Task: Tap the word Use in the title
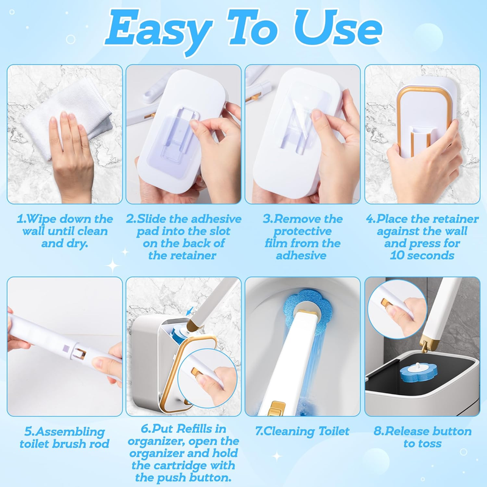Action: [338, 27]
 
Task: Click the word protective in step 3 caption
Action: [303, 231]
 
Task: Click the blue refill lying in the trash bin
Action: [418, 372]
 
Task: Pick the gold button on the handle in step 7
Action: [276, 408]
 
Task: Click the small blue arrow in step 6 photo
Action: [189, 311]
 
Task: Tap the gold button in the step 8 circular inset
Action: [386, 303]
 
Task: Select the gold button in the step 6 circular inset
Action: [195, 371]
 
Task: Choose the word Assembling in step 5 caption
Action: [69, 432]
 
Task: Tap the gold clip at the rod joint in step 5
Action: [82, 354]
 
